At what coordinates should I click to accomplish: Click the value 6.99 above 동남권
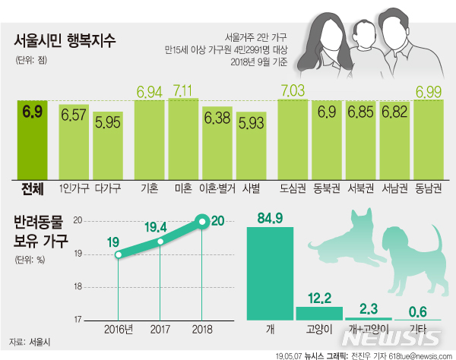pos(429,91)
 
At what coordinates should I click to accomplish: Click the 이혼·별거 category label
pos(217,186)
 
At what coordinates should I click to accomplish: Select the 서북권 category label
pos(360,186)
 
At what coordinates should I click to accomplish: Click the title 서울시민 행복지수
pos(65,39)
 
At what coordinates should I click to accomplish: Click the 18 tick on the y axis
pos(78,286)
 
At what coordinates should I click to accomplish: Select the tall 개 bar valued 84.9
pos(271,273)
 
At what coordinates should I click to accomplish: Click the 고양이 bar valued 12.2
pos(319,312)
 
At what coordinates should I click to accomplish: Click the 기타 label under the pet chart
pos(417,329)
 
